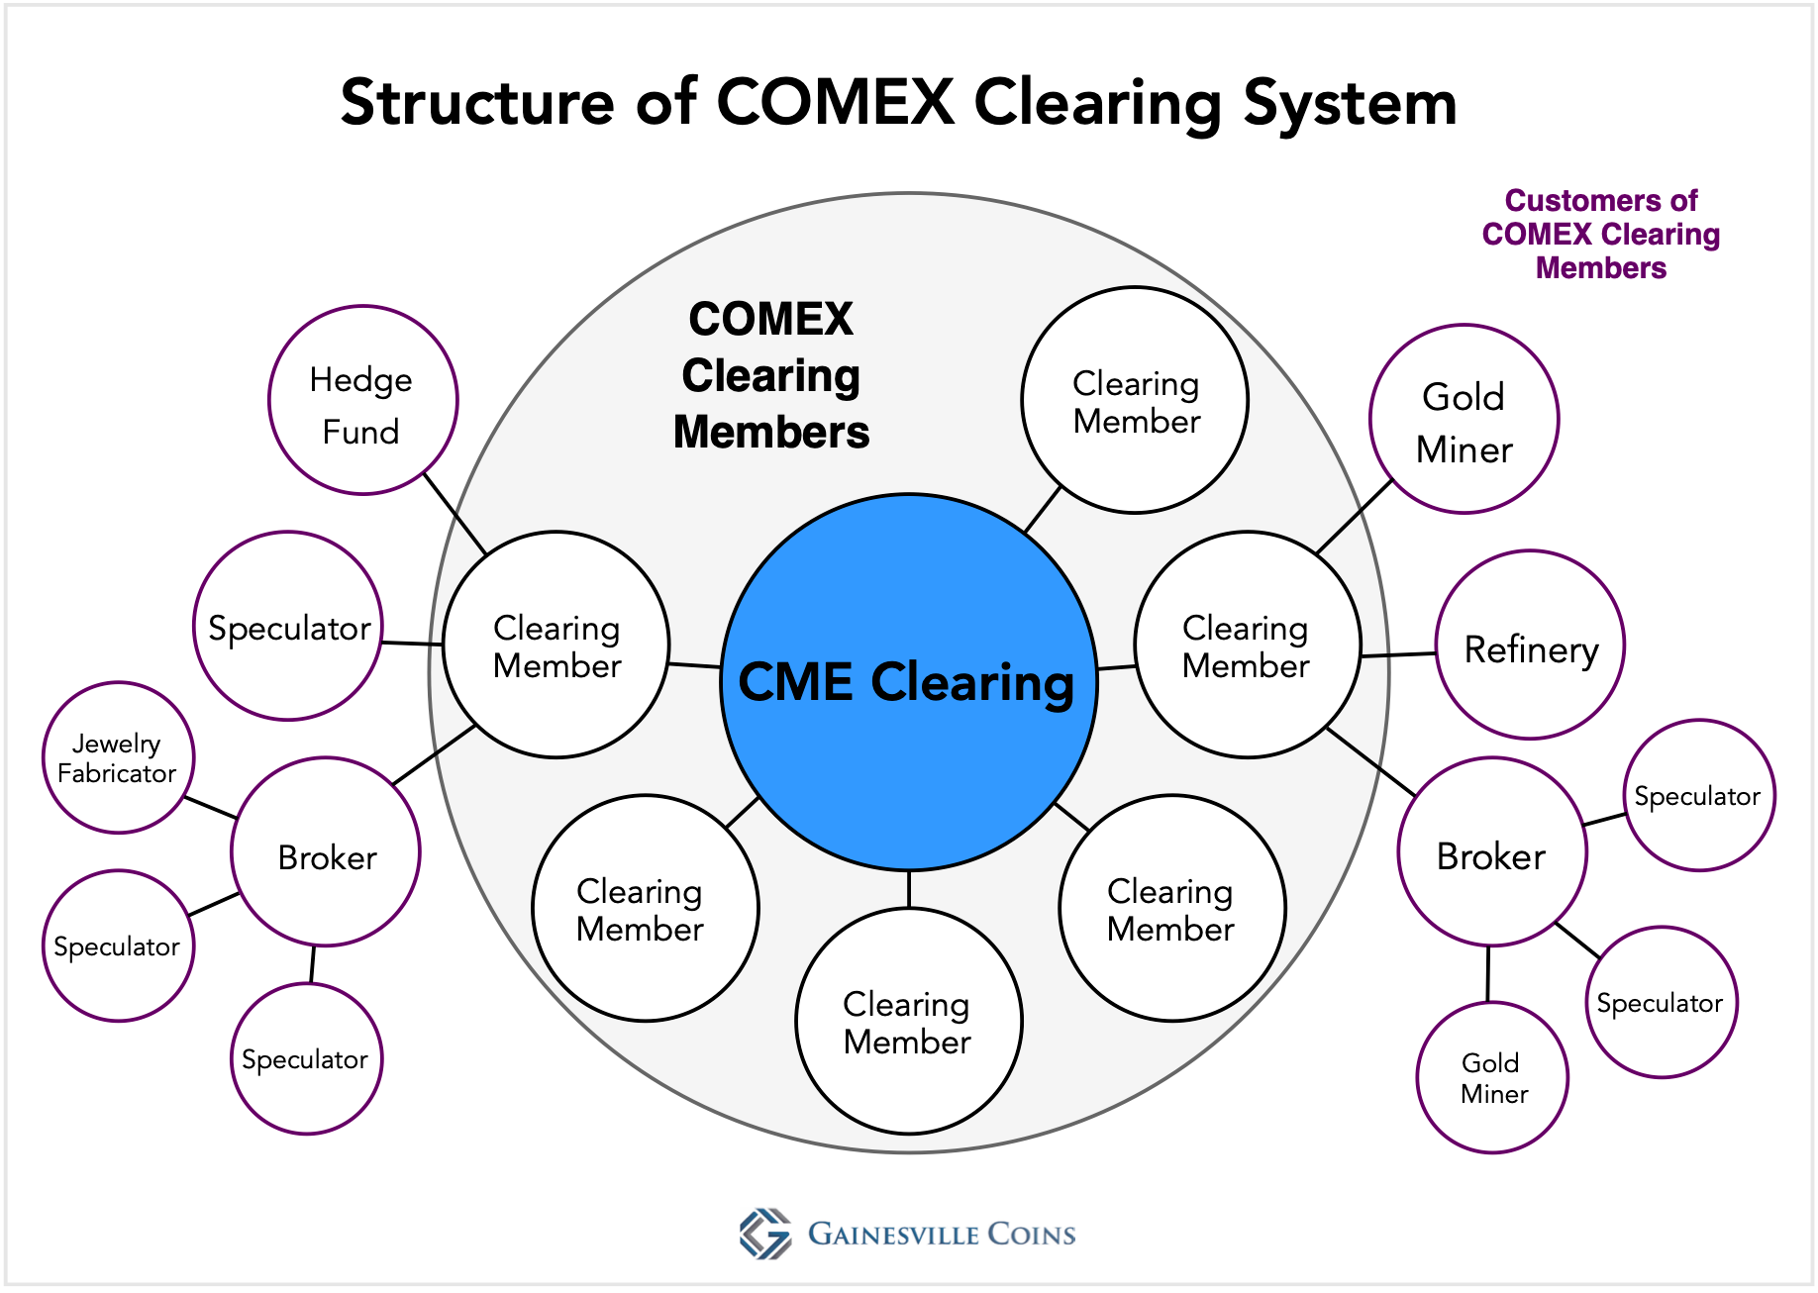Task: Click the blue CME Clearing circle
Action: (909, 682)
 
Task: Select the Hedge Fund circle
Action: (362, 400)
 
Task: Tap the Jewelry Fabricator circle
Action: (118, 757)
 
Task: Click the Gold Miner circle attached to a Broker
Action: (1492, 1077)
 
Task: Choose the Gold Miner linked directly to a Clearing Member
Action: (1464, 419)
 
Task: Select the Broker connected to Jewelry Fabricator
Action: (326, 852)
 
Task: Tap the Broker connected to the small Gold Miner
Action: (1492, 852)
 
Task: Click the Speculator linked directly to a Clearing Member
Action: (288, 626)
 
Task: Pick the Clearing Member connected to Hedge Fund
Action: (556, 646)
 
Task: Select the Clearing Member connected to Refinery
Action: (1247, 646)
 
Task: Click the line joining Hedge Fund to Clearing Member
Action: (455, 514)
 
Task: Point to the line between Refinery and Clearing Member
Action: (1398, 654)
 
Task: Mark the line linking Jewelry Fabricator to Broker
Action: (210, 807)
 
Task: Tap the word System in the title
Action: (1350, 102)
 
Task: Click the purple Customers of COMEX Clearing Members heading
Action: (1600, 235)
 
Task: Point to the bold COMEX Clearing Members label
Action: (771, 376)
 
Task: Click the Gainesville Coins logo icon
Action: (765, 1234)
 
